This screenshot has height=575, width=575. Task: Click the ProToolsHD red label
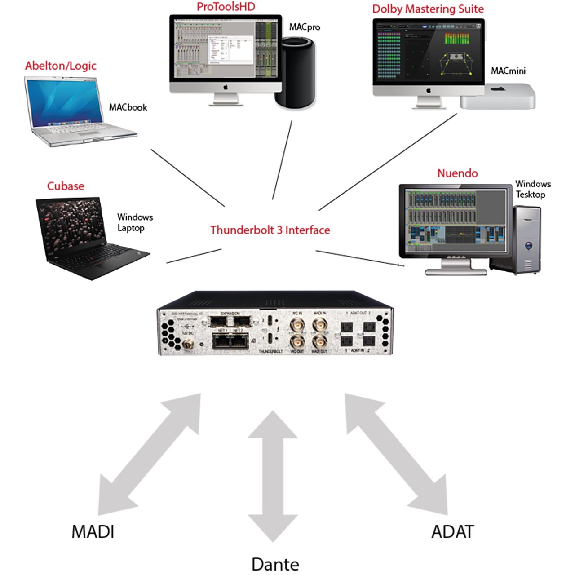226,7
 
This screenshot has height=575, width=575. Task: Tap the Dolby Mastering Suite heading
428,9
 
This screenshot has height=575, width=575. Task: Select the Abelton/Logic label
61,66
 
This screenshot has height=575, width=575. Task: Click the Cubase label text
66,186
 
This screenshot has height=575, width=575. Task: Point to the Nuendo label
457,173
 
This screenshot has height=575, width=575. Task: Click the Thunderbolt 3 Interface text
270,230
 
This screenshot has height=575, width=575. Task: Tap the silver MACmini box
498,96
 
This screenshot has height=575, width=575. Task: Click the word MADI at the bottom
93,532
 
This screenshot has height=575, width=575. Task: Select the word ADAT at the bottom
452,532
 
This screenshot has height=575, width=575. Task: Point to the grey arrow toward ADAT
396,454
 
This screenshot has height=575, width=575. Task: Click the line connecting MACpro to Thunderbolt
282,160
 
